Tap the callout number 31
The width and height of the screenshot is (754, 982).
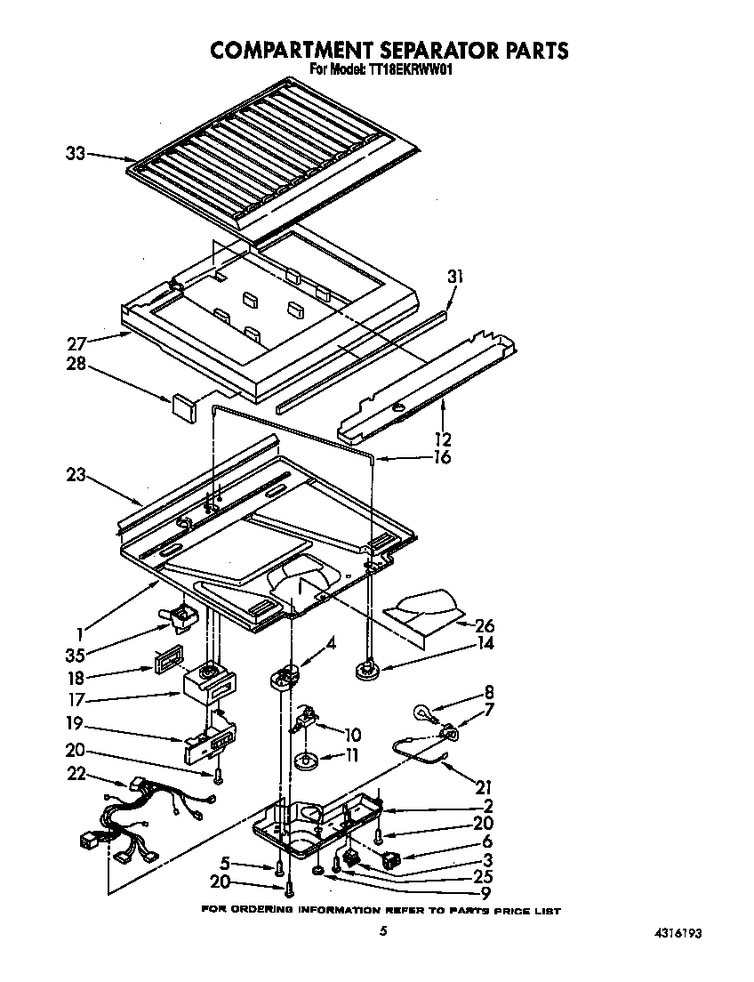(456, 277)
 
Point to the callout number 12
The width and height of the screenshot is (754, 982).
(442, 438)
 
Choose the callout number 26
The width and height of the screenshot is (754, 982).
(485, 625)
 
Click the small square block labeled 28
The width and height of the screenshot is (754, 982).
(185, 406)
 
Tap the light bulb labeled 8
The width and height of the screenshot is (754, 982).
(424, 712)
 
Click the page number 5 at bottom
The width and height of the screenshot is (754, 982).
(382, 931)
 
